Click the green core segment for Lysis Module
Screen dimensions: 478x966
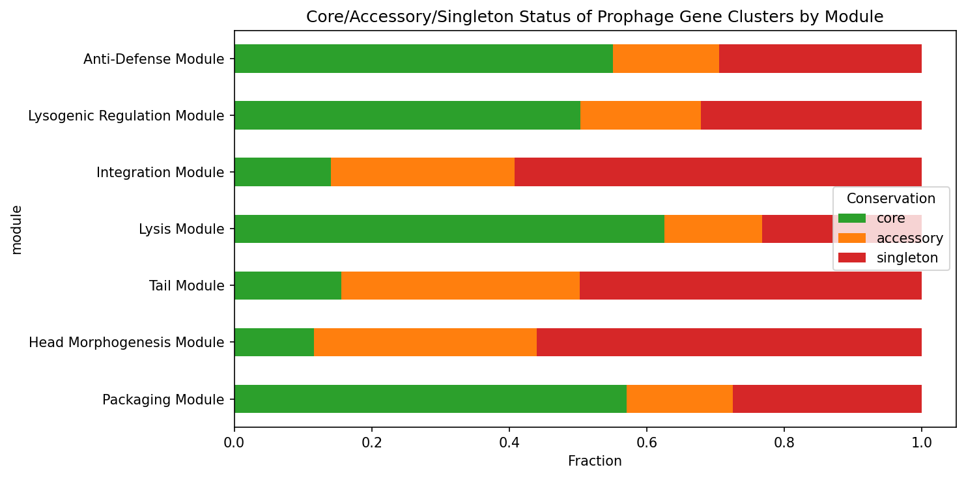coord(449,229)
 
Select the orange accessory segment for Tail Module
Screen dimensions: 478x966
coord(460,285)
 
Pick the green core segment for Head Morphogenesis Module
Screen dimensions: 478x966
coord(274,342)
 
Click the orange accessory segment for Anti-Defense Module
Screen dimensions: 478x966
coord(666,59)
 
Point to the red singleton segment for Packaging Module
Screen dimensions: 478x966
coord(827,399)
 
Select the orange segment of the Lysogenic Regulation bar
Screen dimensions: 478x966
coord(640,115)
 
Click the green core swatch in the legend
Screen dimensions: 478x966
coord(852,218)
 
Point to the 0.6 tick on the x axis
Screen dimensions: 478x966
coord(646,443)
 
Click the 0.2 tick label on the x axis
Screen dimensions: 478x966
coord(371,443)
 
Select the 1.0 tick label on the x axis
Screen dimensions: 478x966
coord(921,443)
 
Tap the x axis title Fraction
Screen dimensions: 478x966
coord(595,461)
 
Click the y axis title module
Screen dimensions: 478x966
coord(17,229)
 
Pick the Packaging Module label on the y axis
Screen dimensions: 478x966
coord(163,399)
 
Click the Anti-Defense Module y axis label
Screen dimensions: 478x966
coord(154,59)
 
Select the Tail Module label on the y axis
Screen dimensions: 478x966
coord(186,286)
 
